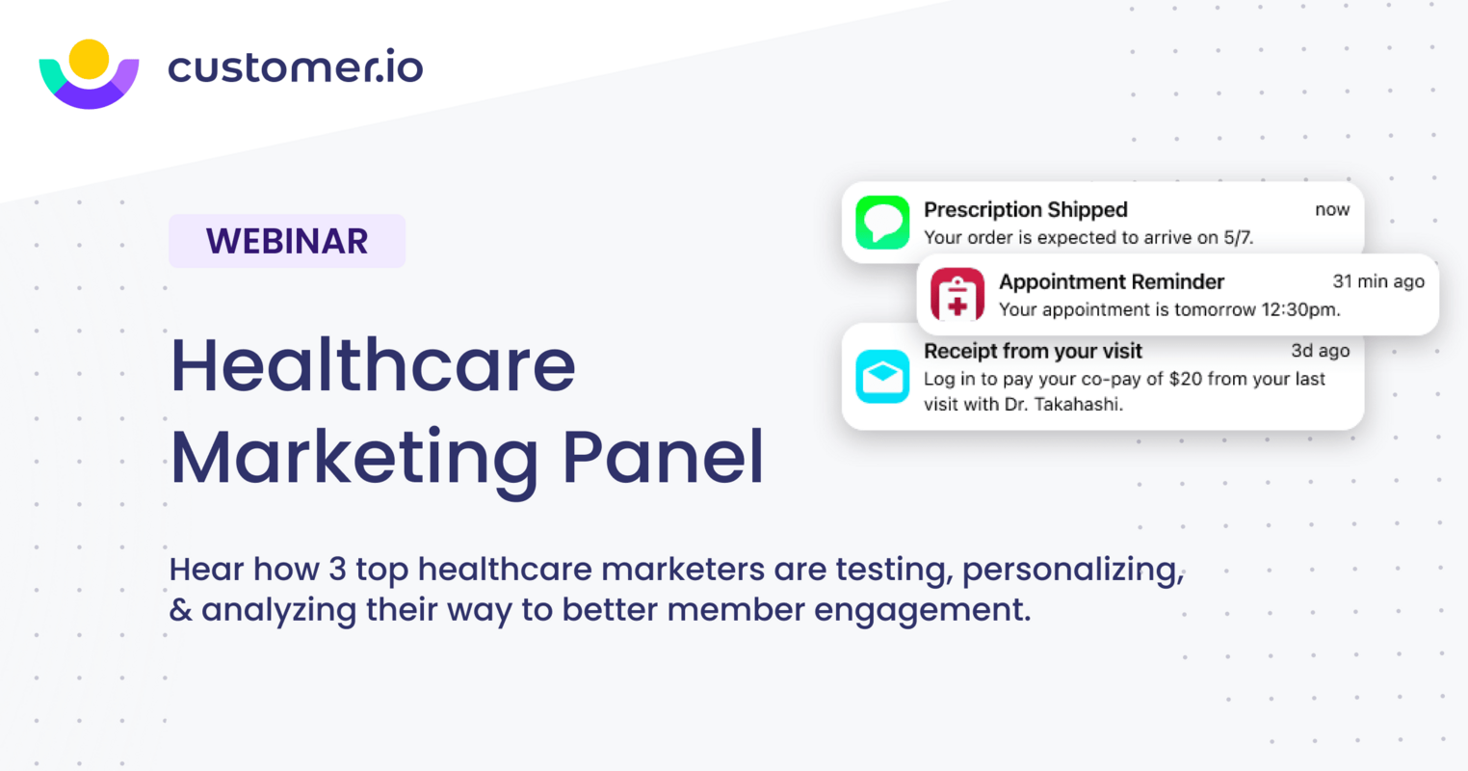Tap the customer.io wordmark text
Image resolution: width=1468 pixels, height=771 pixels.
[x=295, y=67]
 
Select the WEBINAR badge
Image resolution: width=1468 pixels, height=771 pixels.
[x=287, y=241]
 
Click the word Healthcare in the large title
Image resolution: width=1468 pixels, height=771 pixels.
[x=373, y=366]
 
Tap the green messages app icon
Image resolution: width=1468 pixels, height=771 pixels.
[x=882, y=223]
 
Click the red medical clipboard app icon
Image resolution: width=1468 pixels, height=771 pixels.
[x=957, y=294]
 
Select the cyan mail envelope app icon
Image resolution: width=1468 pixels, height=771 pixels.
[x=882, y=376]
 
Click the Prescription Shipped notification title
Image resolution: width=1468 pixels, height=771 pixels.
[x=1025, y=209]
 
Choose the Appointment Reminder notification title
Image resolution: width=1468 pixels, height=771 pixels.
[x=1111, y=281]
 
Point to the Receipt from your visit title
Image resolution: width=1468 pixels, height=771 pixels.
[x=1033, y=351]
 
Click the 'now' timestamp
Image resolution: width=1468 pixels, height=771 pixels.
[x=1332, y=209]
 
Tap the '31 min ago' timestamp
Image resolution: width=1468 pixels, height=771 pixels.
[x=1377, y=281]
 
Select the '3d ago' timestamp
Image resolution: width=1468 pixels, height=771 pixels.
[x=1320, y=351]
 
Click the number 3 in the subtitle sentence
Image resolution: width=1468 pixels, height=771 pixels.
[x=337, y=570]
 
